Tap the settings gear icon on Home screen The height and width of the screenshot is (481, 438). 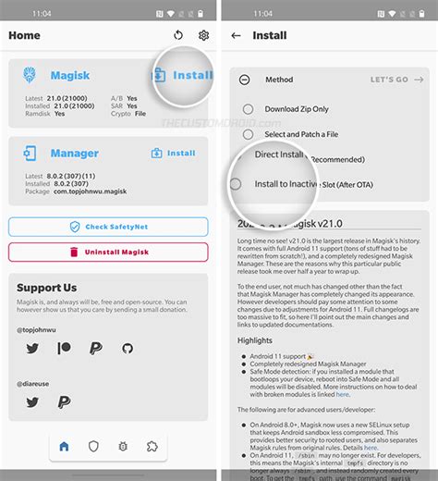tap(203, 35)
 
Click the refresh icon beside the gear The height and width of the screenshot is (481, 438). tap(178, 35)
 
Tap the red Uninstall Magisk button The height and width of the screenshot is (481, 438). tap(108, 251)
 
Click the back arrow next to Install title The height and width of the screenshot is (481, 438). tap(237, 35)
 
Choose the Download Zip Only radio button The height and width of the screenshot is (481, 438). tap(248, 109)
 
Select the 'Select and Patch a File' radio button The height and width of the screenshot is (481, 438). tap(248, 134)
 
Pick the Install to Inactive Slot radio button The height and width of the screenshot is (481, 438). tap(237, 184)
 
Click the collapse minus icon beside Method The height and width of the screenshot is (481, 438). tap(244, 80)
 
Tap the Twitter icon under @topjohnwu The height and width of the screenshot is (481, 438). tap(32, 348)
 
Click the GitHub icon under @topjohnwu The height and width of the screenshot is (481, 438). tap(127, 348)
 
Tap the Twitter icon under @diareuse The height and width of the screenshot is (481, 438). tap(32, 401)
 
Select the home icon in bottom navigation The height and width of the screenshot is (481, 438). tap(64, 446)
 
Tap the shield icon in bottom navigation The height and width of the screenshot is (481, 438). tap(93, 446)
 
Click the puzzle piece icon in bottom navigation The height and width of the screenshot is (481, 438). tap(152, 446)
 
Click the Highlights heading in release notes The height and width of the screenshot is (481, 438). tap(254, 340)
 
